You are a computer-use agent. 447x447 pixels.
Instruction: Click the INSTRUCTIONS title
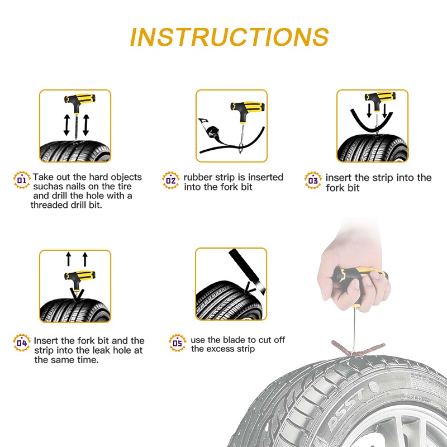[230, 37]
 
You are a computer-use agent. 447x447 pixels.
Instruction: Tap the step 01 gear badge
[22, 180]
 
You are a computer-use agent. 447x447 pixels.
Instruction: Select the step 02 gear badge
[171, 180]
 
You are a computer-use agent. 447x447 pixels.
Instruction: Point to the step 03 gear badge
[313, 180]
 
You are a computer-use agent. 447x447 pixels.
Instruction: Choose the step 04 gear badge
[22, 343]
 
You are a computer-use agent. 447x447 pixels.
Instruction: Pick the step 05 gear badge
[177, 343]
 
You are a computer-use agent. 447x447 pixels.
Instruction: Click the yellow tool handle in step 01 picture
[80, 99]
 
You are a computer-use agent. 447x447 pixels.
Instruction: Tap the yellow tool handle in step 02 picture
[248, 107]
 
